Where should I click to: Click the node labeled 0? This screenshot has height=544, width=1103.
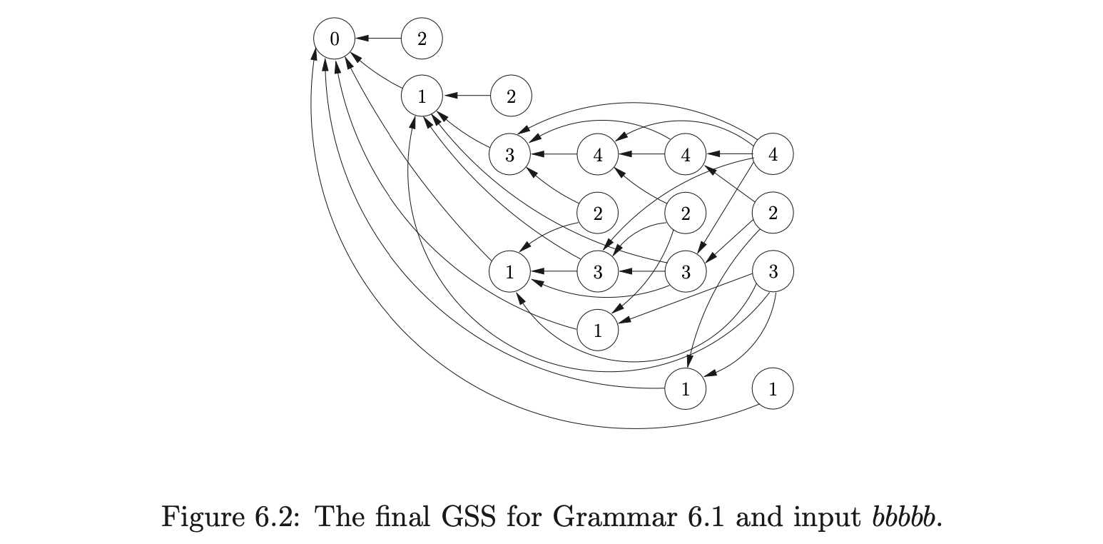[x=334, y=39]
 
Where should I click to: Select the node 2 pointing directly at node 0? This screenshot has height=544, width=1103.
[x=422, y=39]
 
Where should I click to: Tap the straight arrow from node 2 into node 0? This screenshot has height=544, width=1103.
[x=378, y=39]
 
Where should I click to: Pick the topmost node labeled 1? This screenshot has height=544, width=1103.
[x=422, y=96]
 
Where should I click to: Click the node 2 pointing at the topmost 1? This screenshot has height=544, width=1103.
[x=511, y=96]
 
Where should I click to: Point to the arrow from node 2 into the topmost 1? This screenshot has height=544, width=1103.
[x=467, y=96]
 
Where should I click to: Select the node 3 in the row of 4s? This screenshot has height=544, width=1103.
[x=509, y=154]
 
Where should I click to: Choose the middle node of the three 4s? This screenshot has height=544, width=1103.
[x=686, y=154]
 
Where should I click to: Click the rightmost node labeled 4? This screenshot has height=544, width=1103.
[x=773, y=154]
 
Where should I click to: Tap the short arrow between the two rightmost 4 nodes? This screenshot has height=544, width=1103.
[x=729, y=154]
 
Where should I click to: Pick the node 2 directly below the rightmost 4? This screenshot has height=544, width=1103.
[x=773, y=213]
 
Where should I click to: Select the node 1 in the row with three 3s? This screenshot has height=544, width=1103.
[x=509, y=271]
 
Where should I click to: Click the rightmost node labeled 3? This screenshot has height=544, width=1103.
[x=773, y=271]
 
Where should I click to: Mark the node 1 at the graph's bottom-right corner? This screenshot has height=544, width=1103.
[x=773, y=389]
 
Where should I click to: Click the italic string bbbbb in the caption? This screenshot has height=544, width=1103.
[x=902, y=515]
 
